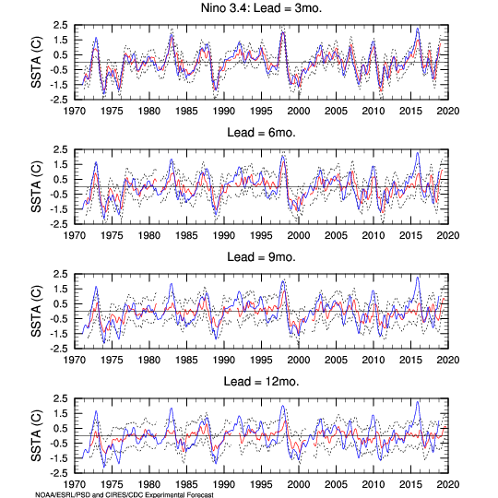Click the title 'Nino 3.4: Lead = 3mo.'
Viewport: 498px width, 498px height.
pyautogui.click(x=261, y=8)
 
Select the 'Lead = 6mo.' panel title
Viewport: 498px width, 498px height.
pyautogui.click(x=261, y=133)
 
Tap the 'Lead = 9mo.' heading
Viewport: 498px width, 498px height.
pyautogui.click(x=261, y=257)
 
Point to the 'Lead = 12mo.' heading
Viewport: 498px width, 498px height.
pyautogui.click(x=261, y=382)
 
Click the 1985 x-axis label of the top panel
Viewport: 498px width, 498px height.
pyautogui.click(x=186, y=112)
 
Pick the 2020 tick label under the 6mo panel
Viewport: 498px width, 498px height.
pyautogui.click(x=448, y=236)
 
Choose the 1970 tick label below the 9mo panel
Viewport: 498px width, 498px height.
pyautogui.click(x=75, y=361)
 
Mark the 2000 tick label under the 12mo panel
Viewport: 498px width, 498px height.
pyautogui.click(x=299, y=485)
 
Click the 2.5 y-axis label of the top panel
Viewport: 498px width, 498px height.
pyautogui.click(x=60, y=25)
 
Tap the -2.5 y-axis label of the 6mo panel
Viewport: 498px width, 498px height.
pyautogui.click(x=59, y=224)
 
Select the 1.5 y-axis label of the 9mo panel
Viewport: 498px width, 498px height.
pyautogui.click(x=60, y=289)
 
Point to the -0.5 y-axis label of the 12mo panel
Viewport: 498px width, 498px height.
pyautogui.click(x=59, y=444)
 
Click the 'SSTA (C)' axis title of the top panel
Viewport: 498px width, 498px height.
pyautogui.click(x=36, y=63)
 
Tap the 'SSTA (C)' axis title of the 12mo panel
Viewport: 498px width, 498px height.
pyautogui.click(x=36, y=435)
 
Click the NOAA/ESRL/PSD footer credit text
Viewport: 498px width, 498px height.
pyautogui.click(x=125, y=495)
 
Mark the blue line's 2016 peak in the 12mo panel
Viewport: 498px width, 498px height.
pyautogui.click(x=418, y=402)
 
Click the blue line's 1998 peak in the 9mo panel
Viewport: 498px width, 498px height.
pyautogui.click(x=282, y=281)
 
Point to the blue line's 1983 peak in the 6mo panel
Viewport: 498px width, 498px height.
pyautogui.click(x=172, y=160)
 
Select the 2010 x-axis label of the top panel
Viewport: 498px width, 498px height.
pyautogui.click(x=373, y=112)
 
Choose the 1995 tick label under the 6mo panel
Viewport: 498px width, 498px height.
pyautogui.click(x=261, y=236)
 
